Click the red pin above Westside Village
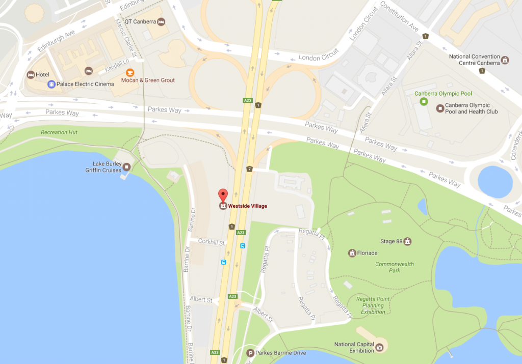pos(223,194)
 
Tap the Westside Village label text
pos(248,206)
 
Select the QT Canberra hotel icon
pos(161,21)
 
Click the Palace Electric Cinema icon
pos(51,84)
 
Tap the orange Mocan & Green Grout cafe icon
pos(130,72)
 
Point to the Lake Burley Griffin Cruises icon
pos(126,167)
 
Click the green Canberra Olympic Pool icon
pos(423,102)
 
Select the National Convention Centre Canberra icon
pos(505,60)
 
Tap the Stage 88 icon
pos(407,241)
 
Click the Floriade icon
pos(352,253)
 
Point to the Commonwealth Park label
pos(395,267)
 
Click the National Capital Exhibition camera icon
pos(379,348)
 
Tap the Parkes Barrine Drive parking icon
pos(250,353)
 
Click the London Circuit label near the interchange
pos(318,57)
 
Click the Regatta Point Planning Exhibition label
pos(373,305)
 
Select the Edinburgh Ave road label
pos(56,40)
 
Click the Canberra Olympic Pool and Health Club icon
pos(439,108)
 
